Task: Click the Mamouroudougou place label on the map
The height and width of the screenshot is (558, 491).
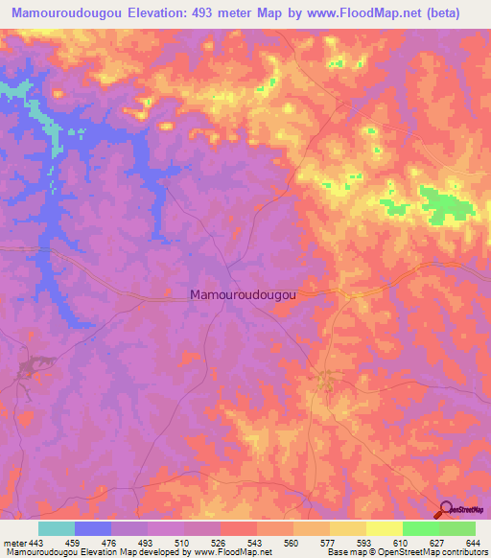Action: pyautogui.click(x=243, y=296)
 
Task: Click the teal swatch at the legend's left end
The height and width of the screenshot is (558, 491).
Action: pyautogui.click(x=57, y=528)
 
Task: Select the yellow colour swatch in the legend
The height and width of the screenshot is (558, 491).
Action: pyautogui.click(x=384, y=528)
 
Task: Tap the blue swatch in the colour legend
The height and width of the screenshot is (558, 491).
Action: pyautogui.click(x=93, y=528)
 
